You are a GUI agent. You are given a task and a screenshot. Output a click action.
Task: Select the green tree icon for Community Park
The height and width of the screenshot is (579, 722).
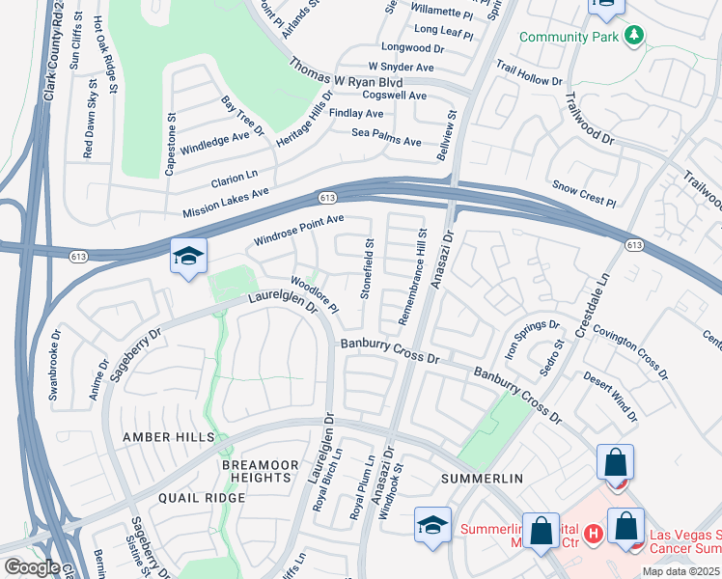[633, 37]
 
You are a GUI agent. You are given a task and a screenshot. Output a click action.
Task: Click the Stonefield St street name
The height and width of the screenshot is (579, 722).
[368, 268]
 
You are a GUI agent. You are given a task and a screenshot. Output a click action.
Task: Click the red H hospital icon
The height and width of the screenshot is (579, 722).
[594, 531]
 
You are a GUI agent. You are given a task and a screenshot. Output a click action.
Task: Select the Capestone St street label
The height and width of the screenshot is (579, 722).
[170, 145]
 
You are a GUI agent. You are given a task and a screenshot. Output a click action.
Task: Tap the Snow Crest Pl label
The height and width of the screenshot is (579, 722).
[583, 193]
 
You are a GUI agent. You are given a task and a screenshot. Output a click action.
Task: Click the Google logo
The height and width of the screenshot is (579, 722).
[32, 567]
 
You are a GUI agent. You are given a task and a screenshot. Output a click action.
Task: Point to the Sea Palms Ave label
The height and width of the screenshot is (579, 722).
[386, 137]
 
